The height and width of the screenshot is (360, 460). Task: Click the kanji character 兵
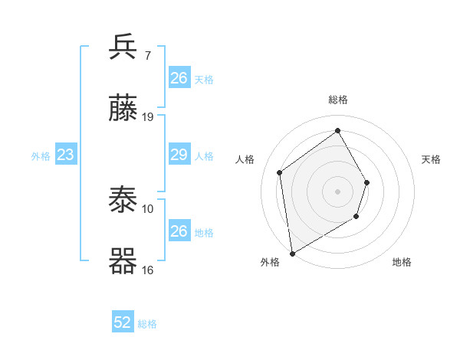click(x=123, y=47)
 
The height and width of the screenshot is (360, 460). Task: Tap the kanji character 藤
click(x=123, y=109)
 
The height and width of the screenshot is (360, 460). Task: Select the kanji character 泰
click(x=123, y=201)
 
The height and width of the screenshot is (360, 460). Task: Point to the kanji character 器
click(x=123, y=261)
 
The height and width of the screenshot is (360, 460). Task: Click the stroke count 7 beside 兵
click(x=148, y=56)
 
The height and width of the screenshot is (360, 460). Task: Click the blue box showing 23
click(x=66, y=155)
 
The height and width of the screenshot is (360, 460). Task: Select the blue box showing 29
click(x=179, y=155)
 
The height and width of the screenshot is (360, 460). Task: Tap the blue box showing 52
click(x=123, y=322)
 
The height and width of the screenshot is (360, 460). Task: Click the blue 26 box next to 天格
click(x=179, y=78)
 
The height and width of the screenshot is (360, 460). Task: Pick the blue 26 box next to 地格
click(x=179, y=231)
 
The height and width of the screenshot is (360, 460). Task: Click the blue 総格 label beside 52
click(x=147, y=324)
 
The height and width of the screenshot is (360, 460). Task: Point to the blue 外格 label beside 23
click(x=41, y=156)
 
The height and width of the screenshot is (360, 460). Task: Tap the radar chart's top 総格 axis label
click(x=338, y=100)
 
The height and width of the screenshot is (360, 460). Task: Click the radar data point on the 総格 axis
click(x=337, y=131)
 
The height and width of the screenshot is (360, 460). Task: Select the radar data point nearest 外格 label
click(x=292, y=253)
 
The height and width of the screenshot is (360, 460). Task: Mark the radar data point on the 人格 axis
click(x=280, y=172)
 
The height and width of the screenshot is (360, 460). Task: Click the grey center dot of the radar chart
click(x=337, y=191)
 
